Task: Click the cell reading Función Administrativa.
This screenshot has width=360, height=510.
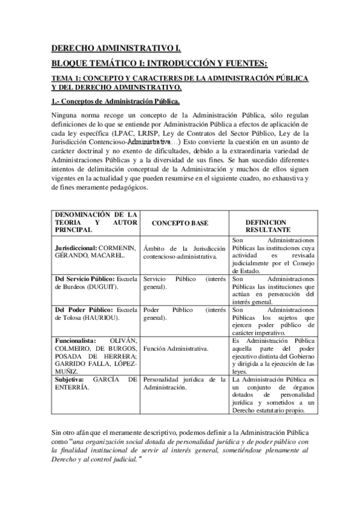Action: pyautogui.click(x=176, y=348)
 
